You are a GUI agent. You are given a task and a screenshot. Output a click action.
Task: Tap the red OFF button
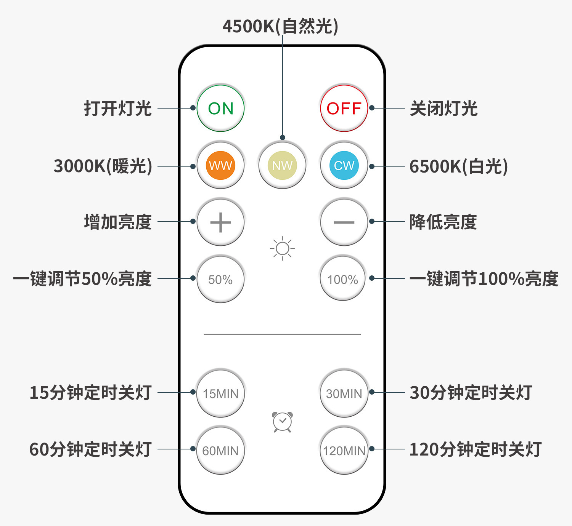[x=344, y=109]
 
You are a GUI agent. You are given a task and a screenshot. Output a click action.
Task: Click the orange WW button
[x=220, y=165]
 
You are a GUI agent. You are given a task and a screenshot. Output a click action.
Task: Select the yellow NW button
[x=282, y=165]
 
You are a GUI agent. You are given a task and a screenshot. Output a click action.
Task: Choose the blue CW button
[x=344, y=165]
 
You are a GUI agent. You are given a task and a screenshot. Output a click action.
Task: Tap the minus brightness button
[x=344, y=222]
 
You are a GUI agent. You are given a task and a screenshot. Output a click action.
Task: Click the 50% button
[x=220, y=279]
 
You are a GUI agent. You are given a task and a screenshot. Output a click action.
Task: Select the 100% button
[x=342, y=279]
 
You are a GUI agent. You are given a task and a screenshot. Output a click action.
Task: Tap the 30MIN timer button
[x=344, y=393]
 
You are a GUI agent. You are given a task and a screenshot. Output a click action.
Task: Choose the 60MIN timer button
[x=220, y=450]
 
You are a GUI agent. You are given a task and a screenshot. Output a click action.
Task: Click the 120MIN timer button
[x=344, y=450]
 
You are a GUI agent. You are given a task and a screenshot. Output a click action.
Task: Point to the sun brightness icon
[x=282, y=249]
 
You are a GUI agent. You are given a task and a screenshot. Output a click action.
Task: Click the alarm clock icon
[x=282, y=422]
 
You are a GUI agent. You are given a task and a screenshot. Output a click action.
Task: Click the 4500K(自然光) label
[x=280, y=26]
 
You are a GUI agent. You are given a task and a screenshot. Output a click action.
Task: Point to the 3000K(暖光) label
[x=103, y=166]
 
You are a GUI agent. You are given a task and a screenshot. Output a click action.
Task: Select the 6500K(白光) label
[x=458, y=166]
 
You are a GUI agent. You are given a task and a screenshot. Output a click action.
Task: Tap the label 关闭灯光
[x=443, y=109]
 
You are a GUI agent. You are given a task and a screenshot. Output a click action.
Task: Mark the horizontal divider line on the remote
[x=282, y=334]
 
